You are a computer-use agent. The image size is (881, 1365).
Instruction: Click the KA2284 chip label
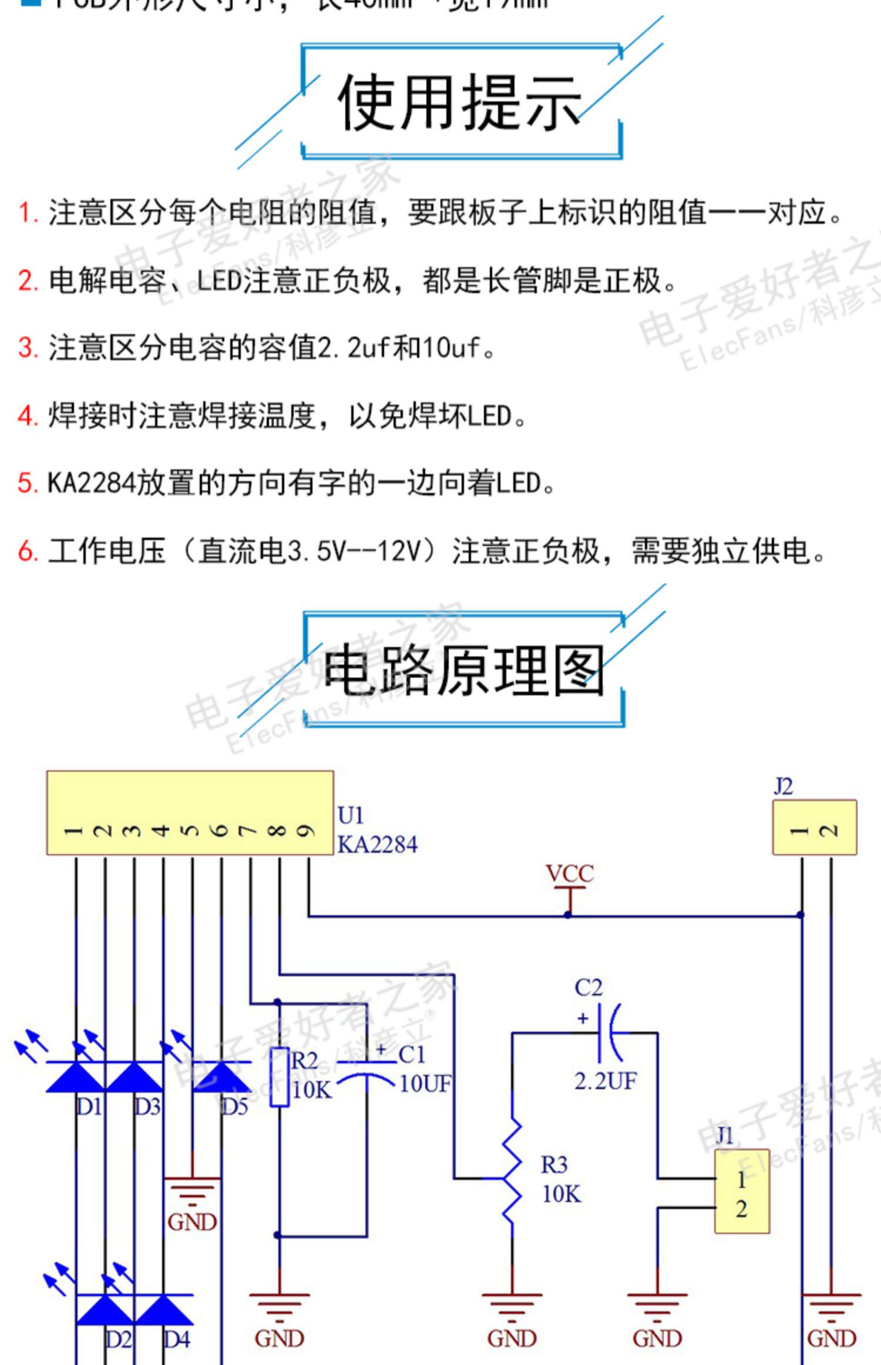(377, 845)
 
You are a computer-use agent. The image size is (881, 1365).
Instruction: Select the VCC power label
(569, 874)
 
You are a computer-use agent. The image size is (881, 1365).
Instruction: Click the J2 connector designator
(783, 786)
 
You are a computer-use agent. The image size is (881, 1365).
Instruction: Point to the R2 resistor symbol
(280, 1076)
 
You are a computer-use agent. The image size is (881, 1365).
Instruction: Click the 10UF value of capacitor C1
(425, 1083)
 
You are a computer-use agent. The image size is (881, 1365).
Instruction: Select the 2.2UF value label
(605, 1080)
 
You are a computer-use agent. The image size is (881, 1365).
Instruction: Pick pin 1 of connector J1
(741, 1179)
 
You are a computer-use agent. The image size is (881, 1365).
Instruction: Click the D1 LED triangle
(76, 1077)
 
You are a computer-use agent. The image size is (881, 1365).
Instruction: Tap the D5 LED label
(235, 1107)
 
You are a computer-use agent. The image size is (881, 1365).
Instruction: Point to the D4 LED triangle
(164, 1310)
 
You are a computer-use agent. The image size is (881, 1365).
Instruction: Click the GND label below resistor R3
(512, 1339)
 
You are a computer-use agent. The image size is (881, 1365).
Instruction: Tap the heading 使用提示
(459, 102)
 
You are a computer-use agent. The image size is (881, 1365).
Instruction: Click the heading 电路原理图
(463, 670)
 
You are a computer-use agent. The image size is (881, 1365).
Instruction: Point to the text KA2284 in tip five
(91, 483)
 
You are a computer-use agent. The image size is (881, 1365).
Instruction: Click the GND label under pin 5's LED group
(192, 1222)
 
